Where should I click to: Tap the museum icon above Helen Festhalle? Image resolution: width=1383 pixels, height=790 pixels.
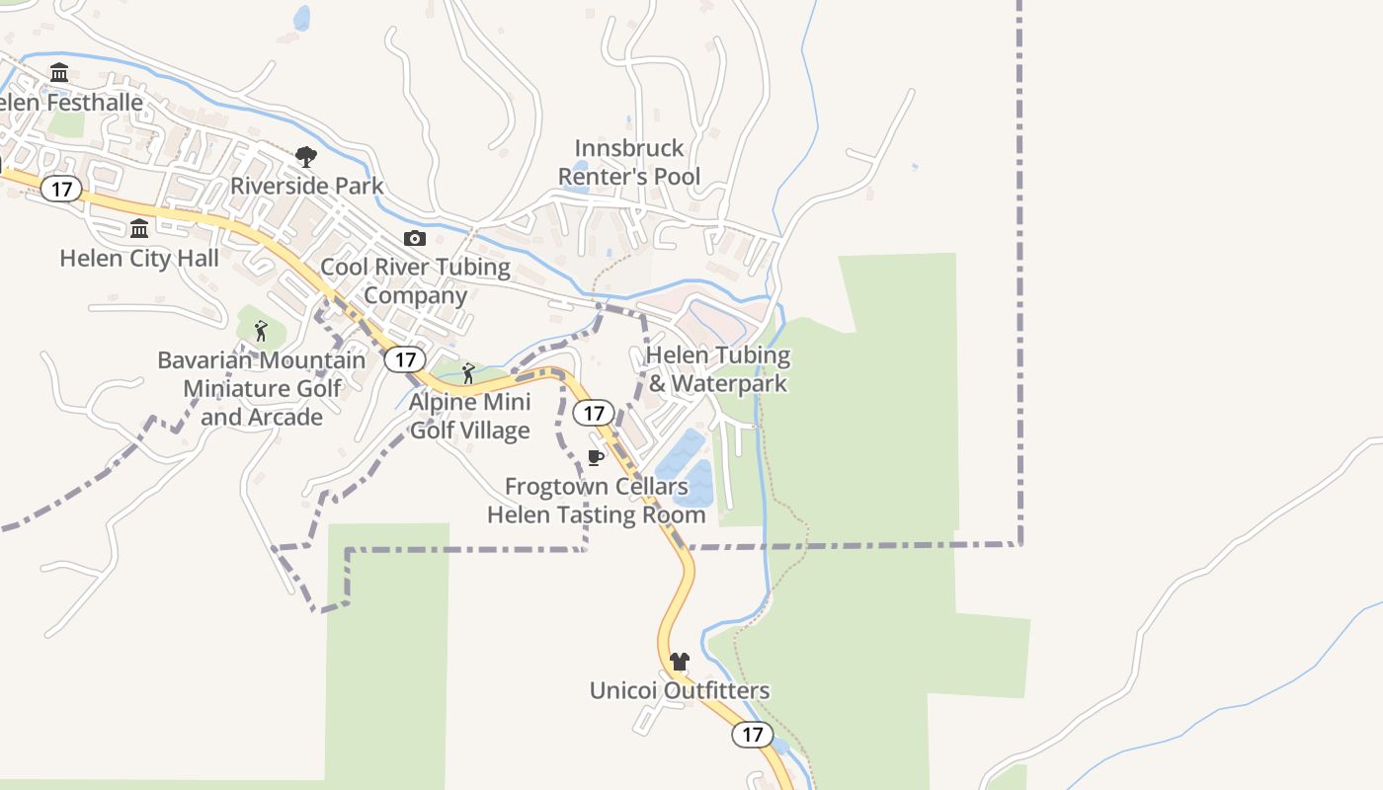(x=59, y=72)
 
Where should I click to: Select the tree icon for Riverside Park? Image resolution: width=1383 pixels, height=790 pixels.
(x=306, y=156)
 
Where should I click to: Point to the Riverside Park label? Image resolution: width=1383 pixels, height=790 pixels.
(x=306, y=186)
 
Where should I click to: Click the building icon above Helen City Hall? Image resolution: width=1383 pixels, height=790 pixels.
(x=139, y=229)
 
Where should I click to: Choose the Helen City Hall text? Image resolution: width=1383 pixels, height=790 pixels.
(x=139, y=258)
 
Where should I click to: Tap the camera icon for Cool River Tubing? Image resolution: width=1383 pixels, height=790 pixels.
(x=415, y=238)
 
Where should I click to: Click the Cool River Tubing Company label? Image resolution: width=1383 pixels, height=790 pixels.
(x=415, y=281)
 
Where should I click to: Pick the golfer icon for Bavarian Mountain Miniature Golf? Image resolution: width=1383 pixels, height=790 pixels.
(x=261, y=331)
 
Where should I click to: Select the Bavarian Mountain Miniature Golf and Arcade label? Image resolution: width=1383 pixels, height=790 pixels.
(x=261, y=388)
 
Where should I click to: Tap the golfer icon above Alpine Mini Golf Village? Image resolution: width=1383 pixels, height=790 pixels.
(x=469, y=373)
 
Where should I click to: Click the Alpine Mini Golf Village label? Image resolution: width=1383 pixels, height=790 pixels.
(x=470, y=416)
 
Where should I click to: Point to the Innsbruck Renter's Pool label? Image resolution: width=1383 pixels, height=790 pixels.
(x=629, y=162)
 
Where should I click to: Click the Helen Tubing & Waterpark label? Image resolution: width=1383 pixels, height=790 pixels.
(x=718, y=369)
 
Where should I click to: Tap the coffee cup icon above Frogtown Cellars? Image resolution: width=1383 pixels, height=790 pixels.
(x=595, y=457)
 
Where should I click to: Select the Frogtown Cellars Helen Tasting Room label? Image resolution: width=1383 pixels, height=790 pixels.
(x=597, y=501)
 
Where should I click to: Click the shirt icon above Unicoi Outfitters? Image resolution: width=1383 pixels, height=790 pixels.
(x=679, y=662)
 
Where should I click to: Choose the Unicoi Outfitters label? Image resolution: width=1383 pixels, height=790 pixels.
(x=679, y=690)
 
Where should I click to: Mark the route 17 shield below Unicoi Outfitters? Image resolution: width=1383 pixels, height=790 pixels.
(x=753, y=734)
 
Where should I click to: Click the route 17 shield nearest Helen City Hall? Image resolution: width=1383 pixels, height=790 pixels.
(x=61, y=189)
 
